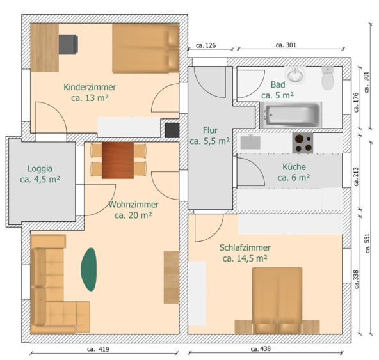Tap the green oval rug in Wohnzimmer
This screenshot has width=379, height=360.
(x=89, y=269)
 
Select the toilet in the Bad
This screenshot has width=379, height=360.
(x=328, y=78)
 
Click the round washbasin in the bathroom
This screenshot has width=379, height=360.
(x=295, y=74)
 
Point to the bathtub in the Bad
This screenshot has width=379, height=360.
(x=291, y=114)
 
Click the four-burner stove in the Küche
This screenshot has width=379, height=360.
(x=303, y=143)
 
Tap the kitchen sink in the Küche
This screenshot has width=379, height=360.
(x=250, y=143)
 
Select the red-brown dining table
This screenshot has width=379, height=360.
(x=118, y=160)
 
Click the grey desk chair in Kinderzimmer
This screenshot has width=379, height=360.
(x=68, y=44)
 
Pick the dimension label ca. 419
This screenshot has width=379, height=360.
(x=98, y=349)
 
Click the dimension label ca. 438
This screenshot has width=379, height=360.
(x=261, y=349)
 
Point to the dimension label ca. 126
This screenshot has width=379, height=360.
(x=206, y=45)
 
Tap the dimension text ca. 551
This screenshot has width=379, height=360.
(x=367, y=243)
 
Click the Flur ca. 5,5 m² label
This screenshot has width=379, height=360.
(x=209, y=136)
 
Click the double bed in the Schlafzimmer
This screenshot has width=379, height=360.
(x=277, y=301)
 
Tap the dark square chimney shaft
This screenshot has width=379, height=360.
(x=172, y=130)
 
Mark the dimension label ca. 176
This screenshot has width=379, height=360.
(x=356, y=102)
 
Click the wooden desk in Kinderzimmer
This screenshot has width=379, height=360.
(x=44, y=47)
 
